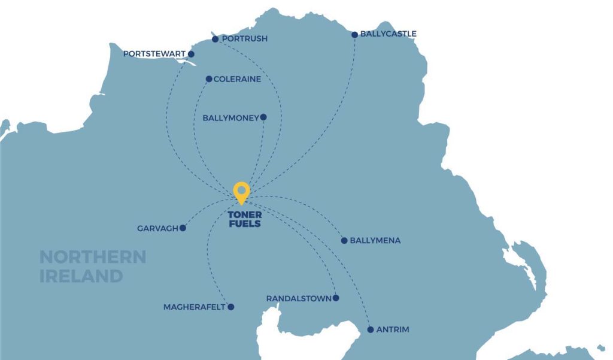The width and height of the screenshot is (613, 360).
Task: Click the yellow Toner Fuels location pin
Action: [x=241, y=192]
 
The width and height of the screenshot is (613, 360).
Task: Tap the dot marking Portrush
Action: [x=216, y=40]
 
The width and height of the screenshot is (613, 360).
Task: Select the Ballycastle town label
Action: [x=389, y=34]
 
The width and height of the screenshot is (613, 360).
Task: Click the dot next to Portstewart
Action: [x=192, y=55]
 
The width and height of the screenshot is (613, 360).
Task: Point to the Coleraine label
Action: [x=238, y=79]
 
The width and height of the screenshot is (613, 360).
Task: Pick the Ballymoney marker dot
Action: [x=263, y=117]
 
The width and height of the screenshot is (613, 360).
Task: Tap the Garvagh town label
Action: [x=158, y=228]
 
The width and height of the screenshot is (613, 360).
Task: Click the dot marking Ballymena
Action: [x=344, y=241]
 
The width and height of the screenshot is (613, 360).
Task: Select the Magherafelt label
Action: [x=194, y=307]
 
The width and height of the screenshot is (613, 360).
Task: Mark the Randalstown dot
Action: [x=336, y=298]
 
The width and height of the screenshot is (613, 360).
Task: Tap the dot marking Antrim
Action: [x=371, y=329]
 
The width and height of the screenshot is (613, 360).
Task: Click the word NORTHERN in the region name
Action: [x=93, y=258]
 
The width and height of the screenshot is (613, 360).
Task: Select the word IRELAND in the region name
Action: [x=81, y=276]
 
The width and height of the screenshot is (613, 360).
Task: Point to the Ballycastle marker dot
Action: [x=355, y=35]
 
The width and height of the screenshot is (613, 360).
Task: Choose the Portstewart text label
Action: [x=154, y=55]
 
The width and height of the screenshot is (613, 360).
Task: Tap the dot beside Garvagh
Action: [x=183, y=228]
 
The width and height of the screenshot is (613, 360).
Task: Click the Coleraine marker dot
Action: [x=209, y=79]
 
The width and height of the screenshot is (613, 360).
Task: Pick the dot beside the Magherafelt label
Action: [x=230, y=307]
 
